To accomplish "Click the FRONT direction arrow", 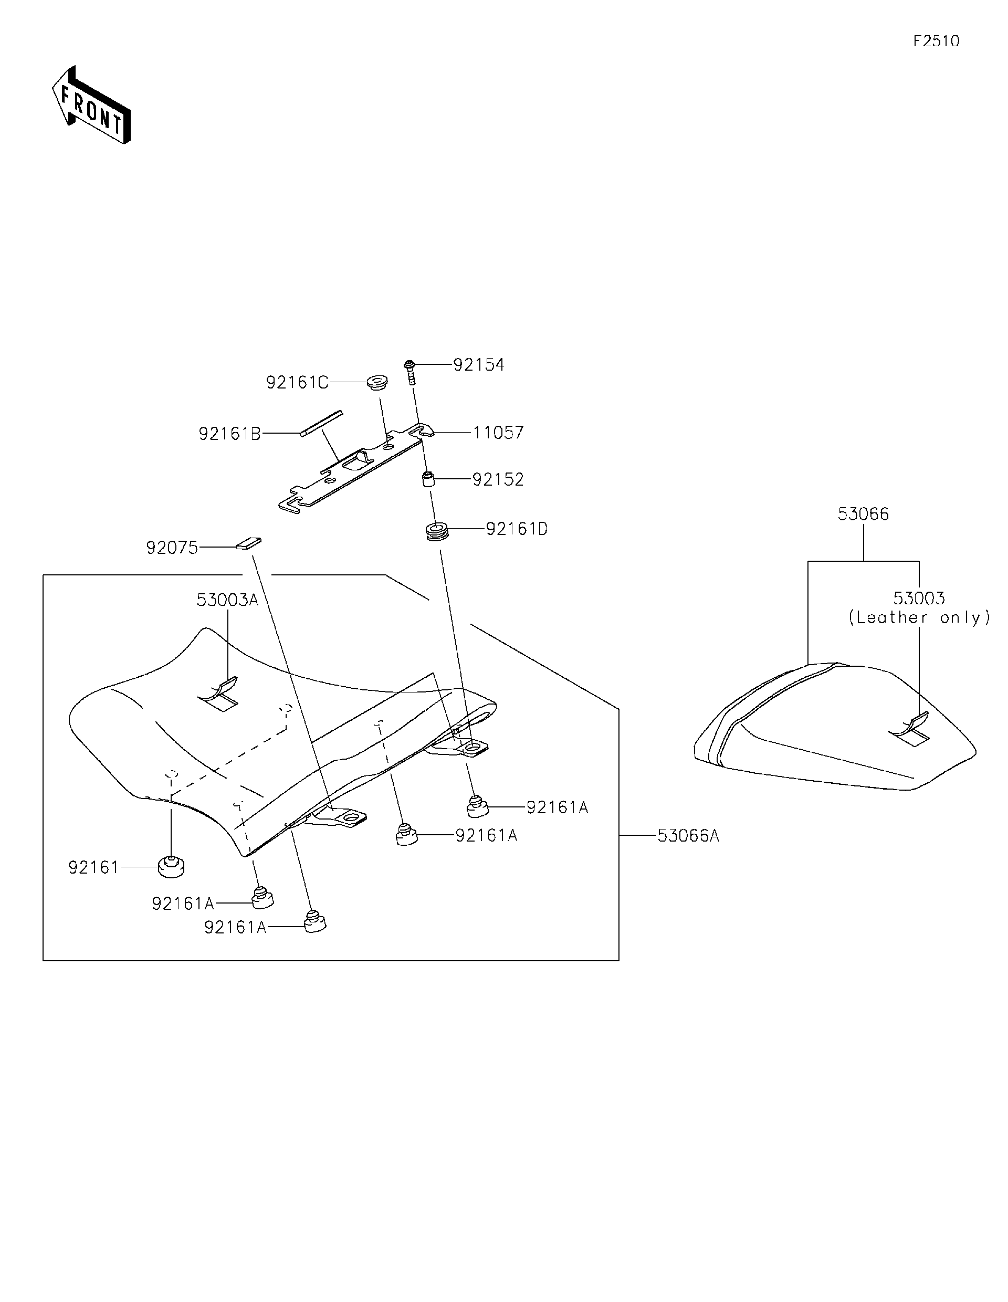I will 91,106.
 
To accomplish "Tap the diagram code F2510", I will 936,41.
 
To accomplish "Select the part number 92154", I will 478,365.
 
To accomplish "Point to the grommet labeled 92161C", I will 377,382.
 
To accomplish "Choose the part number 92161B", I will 229,434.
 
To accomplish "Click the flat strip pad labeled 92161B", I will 321,423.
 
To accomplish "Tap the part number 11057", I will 498,433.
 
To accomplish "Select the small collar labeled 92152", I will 427,479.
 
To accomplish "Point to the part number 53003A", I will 227,600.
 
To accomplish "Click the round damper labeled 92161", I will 171,866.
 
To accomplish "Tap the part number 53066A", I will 688,836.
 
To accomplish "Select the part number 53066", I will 863,514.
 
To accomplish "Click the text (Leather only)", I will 919,617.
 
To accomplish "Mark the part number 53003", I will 919,598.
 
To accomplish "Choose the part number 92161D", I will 516,529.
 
